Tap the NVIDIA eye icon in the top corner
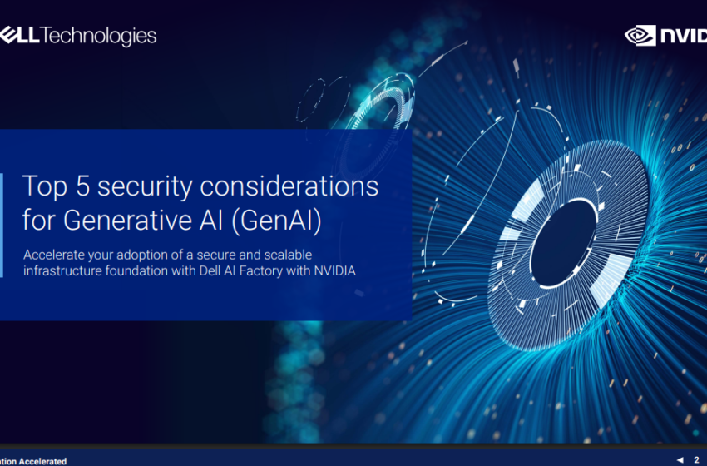[x=640, y=36]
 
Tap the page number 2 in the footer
[x=696, y=459]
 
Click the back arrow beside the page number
[x=680, y=459]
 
